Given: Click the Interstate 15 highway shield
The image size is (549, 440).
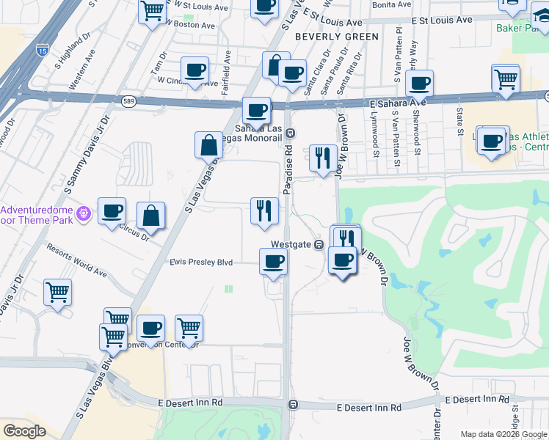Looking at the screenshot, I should (x=43, y=51).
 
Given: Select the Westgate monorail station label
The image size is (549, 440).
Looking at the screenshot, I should (x=291, y=244).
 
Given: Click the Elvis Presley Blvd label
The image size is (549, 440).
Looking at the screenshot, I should (x=201, y=262).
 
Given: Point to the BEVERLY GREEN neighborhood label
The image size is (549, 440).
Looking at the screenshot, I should (x=337, y=36).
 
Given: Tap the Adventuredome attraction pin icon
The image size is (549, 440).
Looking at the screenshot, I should (x=84, y=213).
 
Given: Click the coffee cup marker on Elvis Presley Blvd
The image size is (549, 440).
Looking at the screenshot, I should (x=273, y=262).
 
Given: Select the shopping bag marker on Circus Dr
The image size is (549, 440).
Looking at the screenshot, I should (x=150, y=216).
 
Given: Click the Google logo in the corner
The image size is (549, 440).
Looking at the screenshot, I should (x=24, y=430).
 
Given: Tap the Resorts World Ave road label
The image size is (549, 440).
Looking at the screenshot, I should (x=76, y=260).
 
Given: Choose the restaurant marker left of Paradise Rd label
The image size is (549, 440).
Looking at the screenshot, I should (x=264, y=211).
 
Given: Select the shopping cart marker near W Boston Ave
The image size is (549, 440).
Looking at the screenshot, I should (x=152, y=12).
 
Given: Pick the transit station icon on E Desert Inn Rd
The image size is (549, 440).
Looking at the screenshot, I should (x=293, y=404).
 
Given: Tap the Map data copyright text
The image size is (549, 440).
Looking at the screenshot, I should (x=503, y=434).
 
